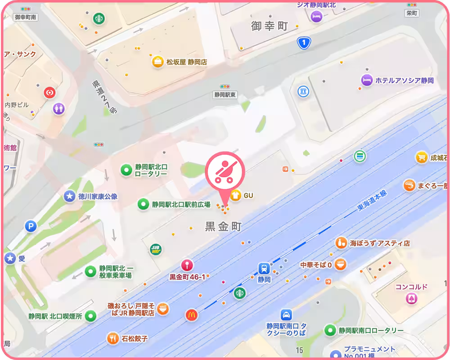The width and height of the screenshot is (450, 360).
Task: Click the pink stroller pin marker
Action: tap(225, 171)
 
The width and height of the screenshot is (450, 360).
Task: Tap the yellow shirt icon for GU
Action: tap(235, 195)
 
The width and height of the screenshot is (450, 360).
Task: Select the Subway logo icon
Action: tap(156, 249)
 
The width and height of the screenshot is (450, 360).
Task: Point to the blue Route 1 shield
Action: tap(304, 43)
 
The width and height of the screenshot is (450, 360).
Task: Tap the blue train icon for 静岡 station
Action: tap(264, 269)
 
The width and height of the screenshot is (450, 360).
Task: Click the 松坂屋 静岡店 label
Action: tap(187, 62)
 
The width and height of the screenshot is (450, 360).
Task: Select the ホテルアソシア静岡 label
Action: tap(404, 81)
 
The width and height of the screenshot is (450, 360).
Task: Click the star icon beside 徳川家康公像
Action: tap(69, 196)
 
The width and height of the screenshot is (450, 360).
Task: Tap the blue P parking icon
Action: tap(30, 226)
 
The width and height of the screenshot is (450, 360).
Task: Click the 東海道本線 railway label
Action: tap(372, 200)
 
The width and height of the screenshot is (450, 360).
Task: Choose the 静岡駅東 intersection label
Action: tap(225, 95)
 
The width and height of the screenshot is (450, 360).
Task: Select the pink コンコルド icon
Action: tap(411, 298)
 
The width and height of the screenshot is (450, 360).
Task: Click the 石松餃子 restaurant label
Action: tap(134, 338)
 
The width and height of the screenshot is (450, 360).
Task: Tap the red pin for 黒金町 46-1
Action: tap(187, 265)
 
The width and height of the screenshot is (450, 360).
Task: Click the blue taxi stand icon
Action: tap(286, 315)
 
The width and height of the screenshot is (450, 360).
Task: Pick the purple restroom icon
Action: tap(58, 108)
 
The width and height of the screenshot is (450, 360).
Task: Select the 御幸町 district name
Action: tap(269, 26)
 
